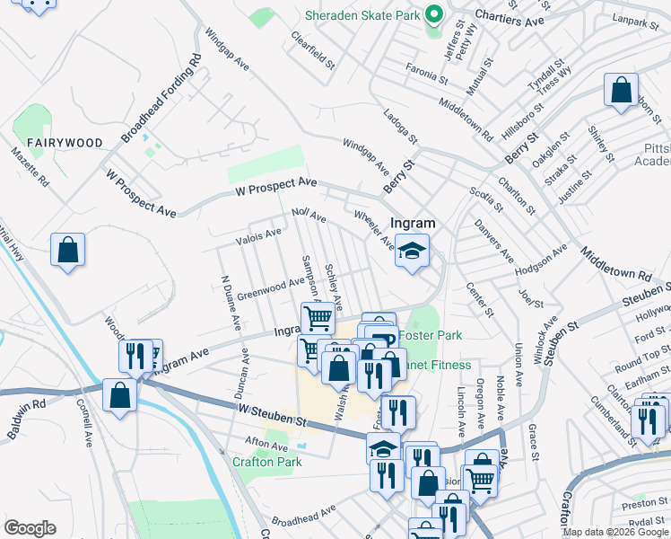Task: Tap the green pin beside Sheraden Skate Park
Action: coord(433,14)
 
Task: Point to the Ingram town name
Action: coord(413,223)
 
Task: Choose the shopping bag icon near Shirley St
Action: coord(621,90)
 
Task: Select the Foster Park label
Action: coord(430,335)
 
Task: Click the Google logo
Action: coord(30,528)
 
